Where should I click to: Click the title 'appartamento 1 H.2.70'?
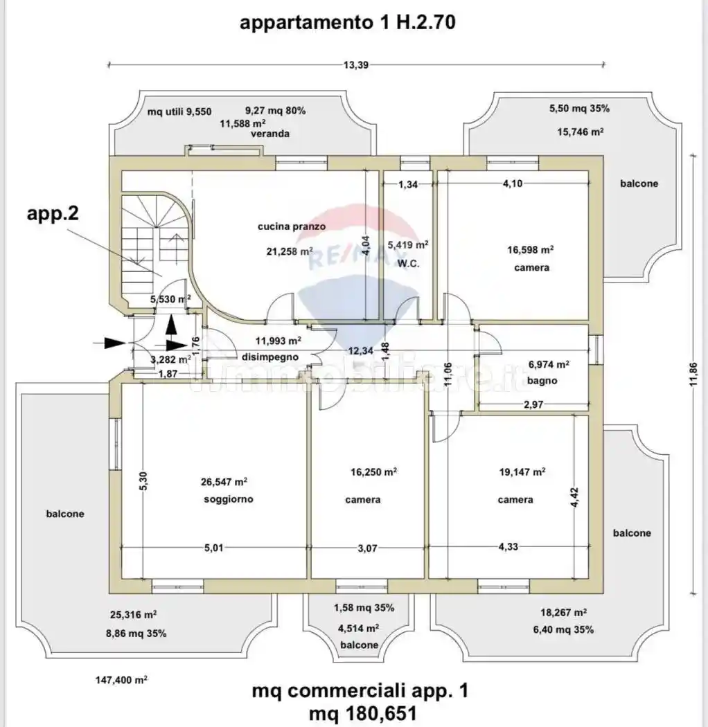347,23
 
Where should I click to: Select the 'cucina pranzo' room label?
291,226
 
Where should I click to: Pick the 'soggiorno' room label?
228,499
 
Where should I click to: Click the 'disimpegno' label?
270,357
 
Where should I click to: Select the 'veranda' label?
270,134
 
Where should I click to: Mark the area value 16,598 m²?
530,250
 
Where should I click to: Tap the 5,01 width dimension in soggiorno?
213,548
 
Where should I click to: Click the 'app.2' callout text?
53,213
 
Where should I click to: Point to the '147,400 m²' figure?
121,681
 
